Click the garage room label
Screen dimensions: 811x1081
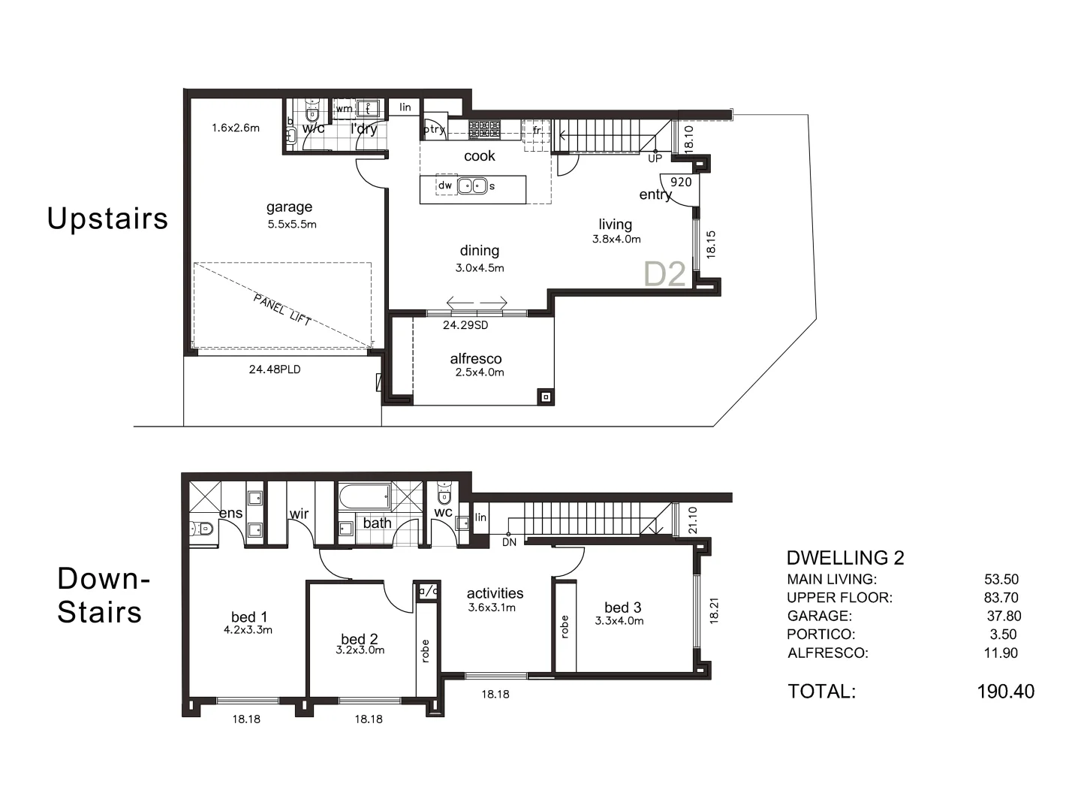tap(289, 207)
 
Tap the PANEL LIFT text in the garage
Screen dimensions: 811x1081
tap(282, 309)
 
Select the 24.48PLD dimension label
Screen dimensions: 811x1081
tap(275, 369)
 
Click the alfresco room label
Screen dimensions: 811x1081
tap(476, 359)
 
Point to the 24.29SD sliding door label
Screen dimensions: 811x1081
tap(465, 325)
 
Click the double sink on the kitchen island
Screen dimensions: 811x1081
tap(472, 185)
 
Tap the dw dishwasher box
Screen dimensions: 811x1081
tap(445, 185)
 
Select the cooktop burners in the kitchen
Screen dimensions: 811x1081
tap(484, 129)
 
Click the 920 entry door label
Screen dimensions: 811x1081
tap(681, 182)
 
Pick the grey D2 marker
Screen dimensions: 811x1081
tap(665, 274)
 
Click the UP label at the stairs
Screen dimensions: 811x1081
tap(655, 158)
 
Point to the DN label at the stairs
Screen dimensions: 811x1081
tap(509, 542)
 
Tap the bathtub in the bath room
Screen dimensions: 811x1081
tap(365, 496)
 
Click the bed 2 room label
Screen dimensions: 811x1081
tap(360, 639)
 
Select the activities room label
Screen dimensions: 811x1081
tap(495, 593)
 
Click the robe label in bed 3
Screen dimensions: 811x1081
tap(565, 627)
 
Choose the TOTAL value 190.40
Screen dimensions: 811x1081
tap(1005, 692)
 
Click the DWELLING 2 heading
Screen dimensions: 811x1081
tap(845, 558)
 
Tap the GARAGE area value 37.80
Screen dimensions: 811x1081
tap(1004, 616)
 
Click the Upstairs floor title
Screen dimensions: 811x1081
tap(107, 219)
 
